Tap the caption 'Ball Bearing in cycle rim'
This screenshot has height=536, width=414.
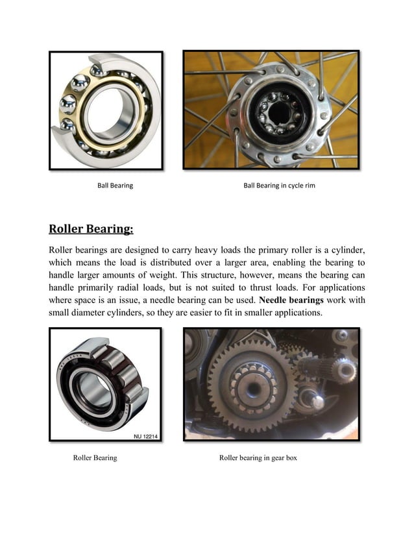point(279,186)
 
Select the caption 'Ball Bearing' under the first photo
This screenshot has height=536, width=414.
point(115,186)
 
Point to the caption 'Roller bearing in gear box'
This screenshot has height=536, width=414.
point(258,457)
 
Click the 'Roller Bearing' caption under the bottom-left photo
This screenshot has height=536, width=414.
point(95,457)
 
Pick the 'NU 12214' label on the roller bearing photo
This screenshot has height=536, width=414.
point(146,436)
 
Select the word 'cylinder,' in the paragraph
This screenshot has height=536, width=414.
point(344,250)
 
